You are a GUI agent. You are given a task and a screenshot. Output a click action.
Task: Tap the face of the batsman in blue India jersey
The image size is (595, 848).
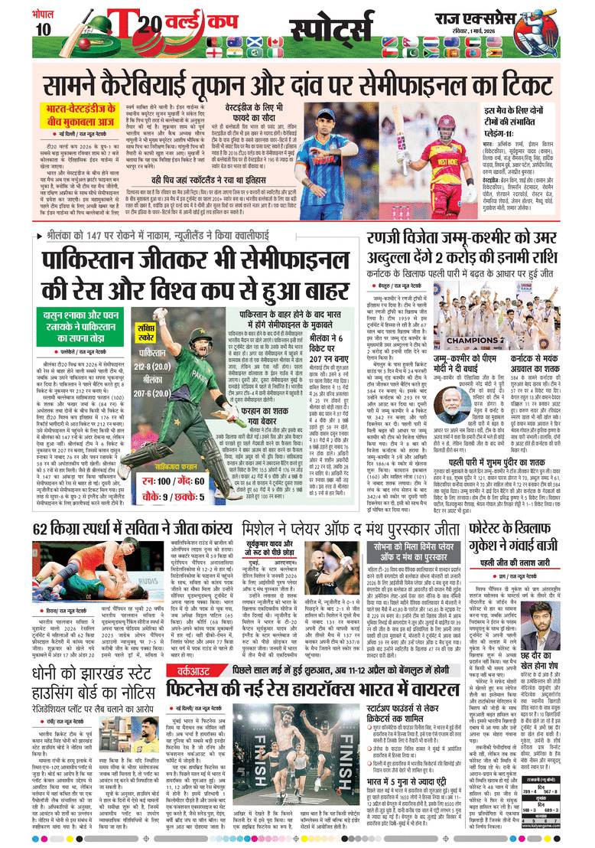point(342,124)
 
